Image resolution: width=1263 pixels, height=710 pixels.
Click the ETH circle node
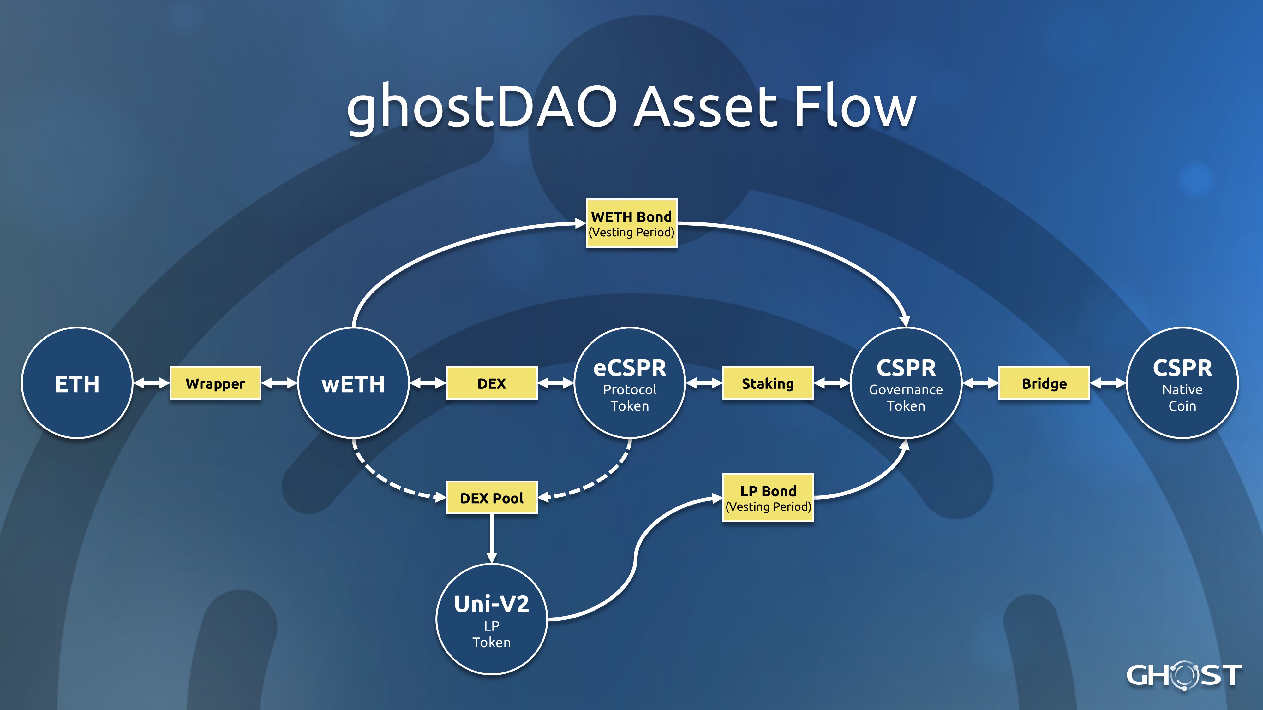click(77, 383)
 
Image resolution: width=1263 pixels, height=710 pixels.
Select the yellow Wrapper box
click(215, 383)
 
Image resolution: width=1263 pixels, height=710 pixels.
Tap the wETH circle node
click(353, 383)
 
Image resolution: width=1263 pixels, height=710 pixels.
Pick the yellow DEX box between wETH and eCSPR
click(491, 383)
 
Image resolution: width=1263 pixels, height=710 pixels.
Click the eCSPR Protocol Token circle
click(630, 383)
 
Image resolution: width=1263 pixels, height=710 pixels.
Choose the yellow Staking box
click(768, 383)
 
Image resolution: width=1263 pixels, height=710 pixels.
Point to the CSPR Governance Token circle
click(906, 383)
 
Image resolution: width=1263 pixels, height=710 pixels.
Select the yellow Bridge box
click(1044, 383)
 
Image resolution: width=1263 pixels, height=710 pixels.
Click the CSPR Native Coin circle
click(1182, 383)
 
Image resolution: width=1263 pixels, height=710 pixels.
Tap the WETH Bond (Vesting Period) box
click(631, 223)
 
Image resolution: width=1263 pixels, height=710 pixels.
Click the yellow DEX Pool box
click(491, 498)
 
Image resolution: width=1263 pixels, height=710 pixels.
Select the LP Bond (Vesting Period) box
click(768, 498)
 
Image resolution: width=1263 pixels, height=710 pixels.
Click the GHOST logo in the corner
click(1184, 676)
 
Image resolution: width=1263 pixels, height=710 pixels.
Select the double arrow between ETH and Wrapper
click(151, 383)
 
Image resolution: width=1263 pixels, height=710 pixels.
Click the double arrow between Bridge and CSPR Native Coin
click(1108, 383)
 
